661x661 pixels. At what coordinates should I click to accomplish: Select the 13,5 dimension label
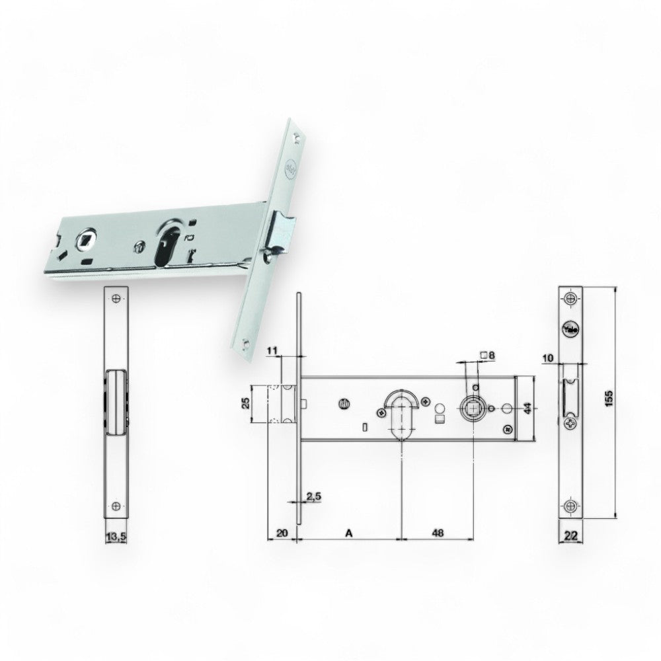pos(116,536)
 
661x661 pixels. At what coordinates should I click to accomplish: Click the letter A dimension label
pos(348,532)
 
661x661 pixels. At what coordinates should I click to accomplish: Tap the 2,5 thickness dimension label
pos(314,495)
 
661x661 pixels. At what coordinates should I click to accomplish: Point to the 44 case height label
pos(527,407)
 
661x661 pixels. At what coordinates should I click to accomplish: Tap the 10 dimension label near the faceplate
pos(546,358)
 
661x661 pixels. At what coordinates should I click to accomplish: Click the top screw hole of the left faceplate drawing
pos(116,299)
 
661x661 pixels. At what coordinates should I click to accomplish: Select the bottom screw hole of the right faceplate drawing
pos(570,506)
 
